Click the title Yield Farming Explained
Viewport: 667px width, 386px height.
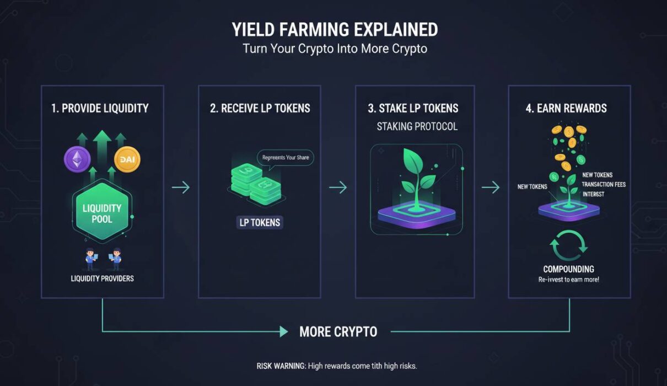335,29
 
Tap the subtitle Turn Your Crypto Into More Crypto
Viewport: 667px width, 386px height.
335,49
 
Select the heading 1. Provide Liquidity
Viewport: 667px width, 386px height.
100,108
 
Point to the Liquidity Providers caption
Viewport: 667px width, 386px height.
103,278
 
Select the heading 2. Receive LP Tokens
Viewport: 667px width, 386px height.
260,108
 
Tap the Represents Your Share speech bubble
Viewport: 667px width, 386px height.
286,158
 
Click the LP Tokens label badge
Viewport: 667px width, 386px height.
260,223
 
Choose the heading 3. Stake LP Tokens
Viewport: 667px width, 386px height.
413,108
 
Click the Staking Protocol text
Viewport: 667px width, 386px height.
417,127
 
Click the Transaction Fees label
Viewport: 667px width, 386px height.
604,184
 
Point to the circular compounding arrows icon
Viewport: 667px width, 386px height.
568,246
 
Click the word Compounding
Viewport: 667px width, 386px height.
568,269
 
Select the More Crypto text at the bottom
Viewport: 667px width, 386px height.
338,331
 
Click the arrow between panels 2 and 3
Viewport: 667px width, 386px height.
338,187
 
